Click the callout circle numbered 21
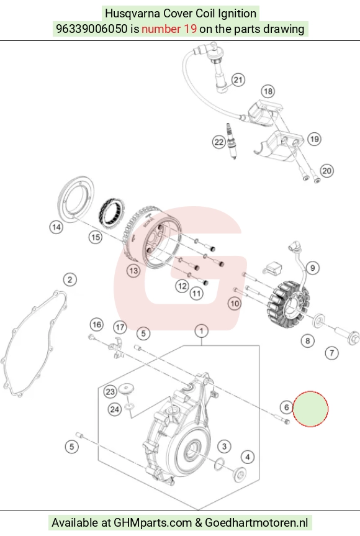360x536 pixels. (238, 80)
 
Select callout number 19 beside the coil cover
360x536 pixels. (314, 139)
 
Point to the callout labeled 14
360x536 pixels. (56, 227)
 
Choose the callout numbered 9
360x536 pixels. (313, 268)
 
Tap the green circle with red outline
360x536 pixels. (310, 409)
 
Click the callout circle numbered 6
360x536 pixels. (286, 407)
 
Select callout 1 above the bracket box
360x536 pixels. (202, 331)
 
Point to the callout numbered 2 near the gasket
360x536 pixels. (70, 279)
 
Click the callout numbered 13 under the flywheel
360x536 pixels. (133, 271)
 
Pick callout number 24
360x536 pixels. (115, 409)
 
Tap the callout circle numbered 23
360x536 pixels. (110, 391)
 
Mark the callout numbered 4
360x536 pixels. (248, 457)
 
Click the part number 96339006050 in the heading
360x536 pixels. (91, 29)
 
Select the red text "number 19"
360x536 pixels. (169, 29)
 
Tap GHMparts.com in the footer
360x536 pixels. (152, 523)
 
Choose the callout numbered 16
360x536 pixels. (97, 324)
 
